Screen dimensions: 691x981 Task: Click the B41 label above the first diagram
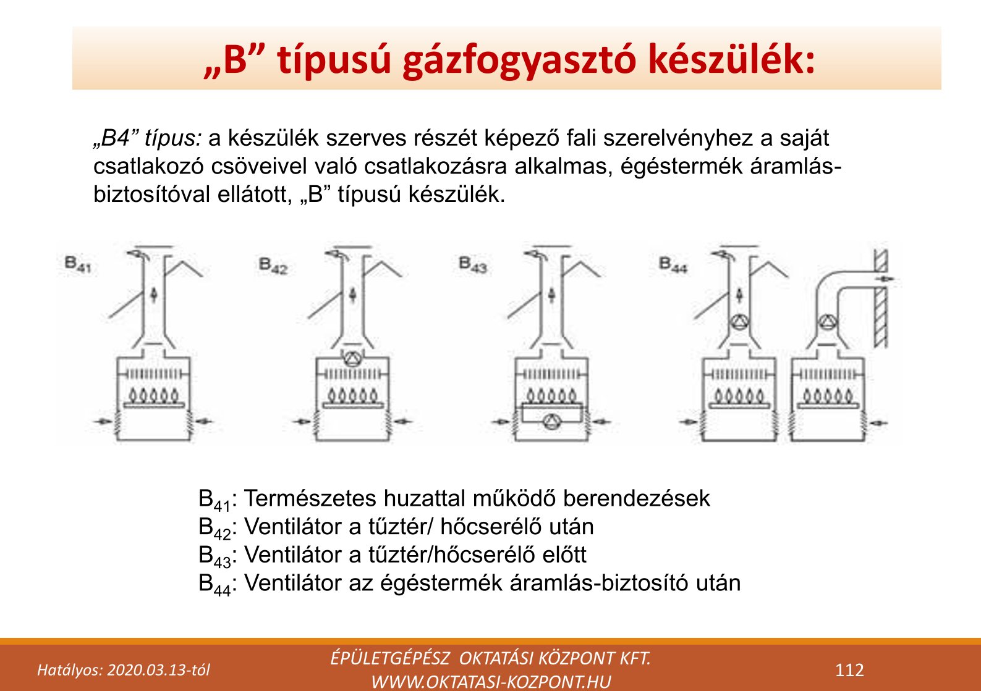click(x=78, y=264)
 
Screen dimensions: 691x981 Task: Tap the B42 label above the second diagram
click(x=273, y=266)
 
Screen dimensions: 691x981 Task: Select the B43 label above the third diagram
click(x=473, y=265)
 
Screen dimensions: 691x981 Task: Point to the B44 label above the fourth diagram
click(x=673, y=265)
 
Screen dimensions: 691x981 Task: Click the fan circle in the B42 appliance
click(x=352, y=359)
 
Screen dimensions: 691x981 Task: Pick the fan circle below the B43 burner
click(x=550, y=422)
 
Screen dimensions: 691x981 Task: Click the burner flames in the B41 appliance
click(x=154, y=394)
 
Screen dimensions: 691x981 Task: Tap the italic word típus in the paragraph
click(x=172, y=138)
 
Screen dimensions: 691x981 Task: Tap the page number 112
click(x=849, y=670)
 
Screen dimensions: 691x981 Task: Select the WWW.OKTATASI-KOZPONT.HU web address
click(x=491, y=682)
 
